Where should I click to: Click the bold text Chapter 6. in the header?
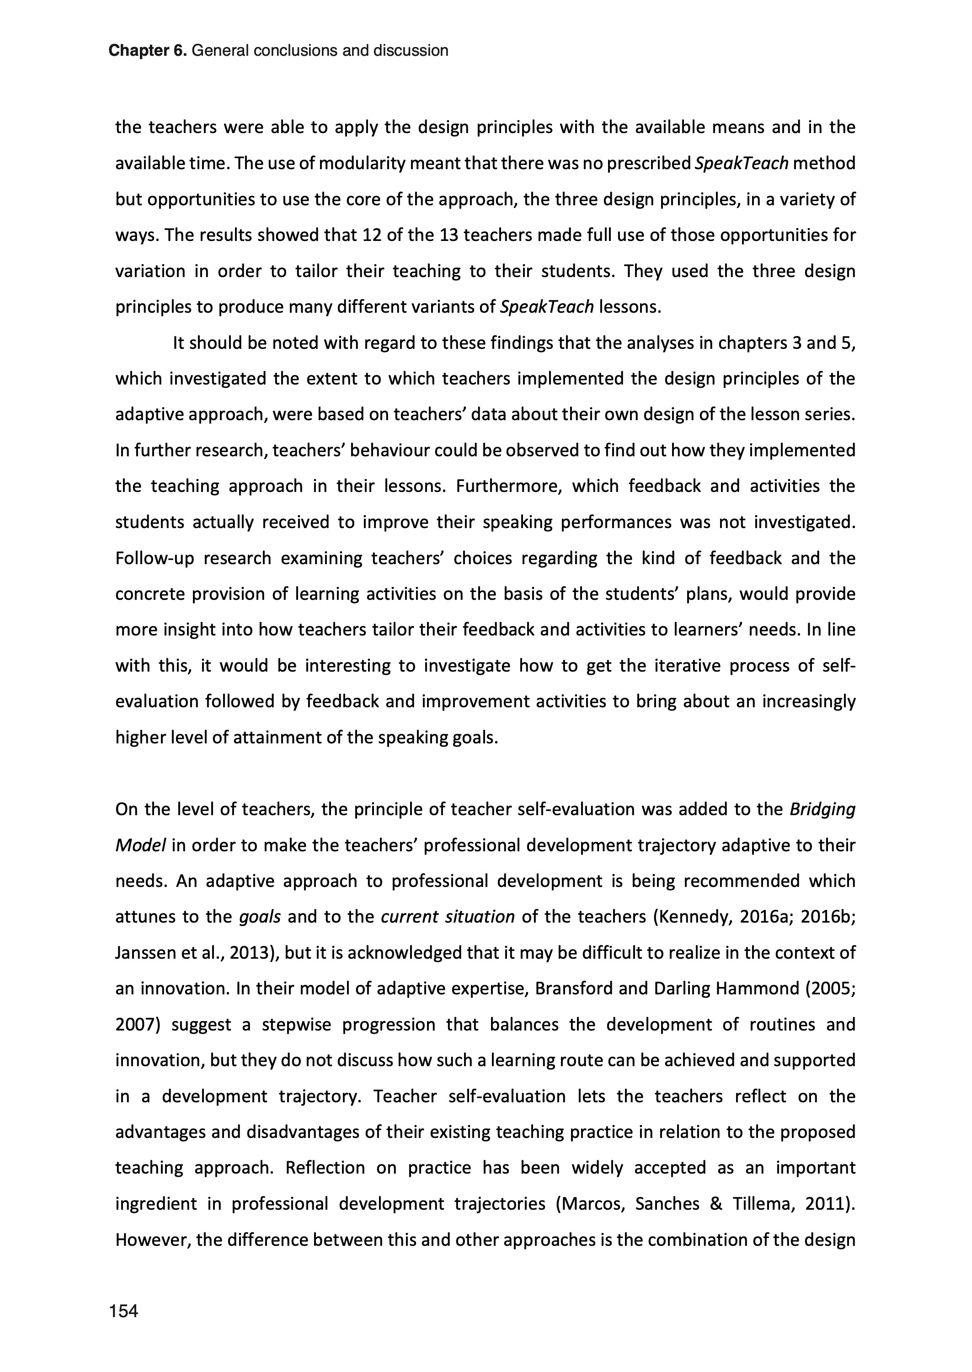(x=148, y=51)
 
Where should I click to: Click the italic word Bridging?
(x=822, y=810)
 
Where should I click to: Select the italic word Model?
(x=140, y=845)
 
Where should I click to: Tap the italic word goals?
(x=260, y=917)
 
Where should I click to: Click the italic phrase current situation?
(x=448, y=917)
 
